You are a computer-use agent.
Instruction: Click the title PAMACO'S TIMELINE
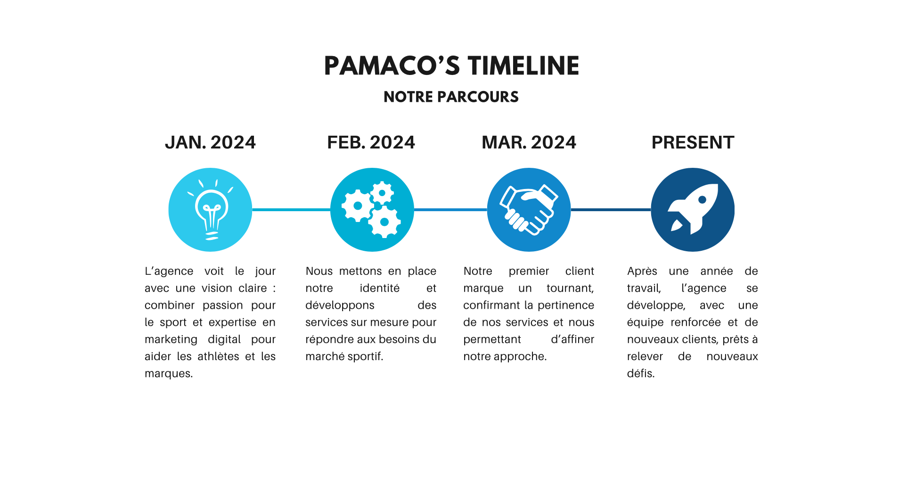(x=451, y=66)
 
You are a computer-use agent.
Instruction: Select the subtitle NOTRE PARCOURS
(x=451, y=97)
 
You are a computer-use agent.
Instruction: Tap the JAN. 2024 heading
(x=210, y=142)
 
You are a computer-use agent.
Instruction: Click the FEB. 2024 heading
(x=371, y=142)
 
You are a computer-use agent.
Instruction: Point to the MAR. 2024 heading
(x=529, y=142)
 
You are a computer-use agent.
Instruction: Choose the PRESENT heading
(x=693, y=142)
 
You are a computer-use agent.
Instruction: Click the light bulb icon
(x=210, y=210)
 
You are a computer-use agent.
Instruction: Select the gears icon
(x=372, y=210)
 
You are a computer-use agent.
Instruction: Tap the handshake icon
(x=529, y=210)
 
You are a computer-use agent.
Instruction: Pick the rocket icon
(x=693, y=210)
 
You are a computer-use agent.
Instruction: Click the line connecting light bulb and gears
(x=291, y=210)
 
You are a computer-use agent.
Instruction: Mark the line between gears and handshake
(x=450, y=210)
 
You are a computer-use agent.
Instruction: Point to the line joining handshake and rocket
(x=611, y=210)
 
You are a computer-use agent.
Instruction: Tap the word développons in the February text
(x=340, y=305)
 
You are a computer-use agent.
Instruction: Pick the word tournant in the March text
(x=570, y=288)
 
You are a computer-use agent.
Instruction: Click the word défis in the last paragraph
(x=640, y=374)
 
